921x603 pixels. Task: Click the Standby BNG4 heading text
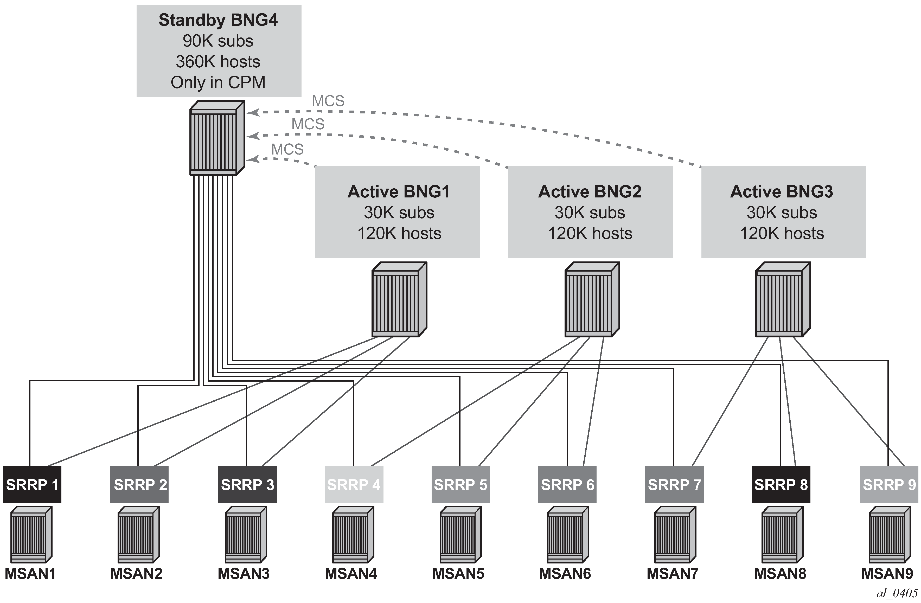tap(218, 20)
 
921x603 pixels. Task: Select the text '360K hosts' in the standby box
tap(218, 62)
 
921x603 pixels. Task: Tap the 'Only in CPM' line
tap(218, 82)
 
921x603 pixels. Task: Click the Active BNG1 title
tap(399, 191)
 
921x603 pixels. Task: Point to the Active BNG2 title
tap(590, 191)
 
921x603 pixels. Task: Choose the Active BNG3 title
tap(782, 191)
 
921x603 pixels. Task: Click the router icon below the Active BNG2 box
tap(592, 299)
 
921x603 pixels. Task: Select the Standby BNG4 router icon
tap(217, 138)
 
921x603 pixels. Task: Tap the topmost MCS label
tap(328, 101)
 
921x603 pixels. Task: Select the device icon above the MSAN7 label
tap(675, 535)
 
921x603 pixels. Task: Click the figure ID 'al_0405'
tap(897, 593)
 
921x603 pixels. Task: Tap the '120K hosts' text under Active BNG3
tap(782, 233)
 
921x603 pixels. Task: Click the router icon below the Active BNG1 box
tap(399, 299)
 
